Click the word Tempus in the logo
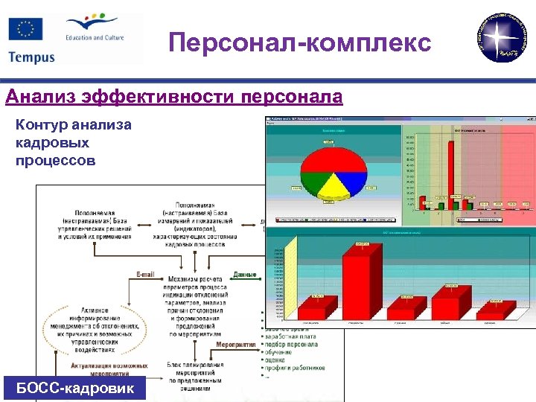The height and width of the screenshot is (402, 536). [31, 57]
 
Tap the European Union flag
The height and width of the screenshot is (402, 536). [25, 30]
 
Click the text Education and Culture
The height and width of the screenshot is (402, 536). [95, 37]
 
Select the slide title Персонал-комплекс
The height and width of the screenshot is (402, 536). [299, 42]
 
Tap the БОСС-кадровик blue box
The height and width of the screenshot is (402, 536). [74, 389]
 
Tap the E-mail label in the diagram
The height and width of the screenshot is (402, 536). [147, 274]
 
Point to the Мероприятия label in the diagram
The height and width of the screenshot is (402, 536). [237, 345]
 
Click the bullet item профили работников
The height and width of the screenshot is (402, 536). [296, 368]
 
